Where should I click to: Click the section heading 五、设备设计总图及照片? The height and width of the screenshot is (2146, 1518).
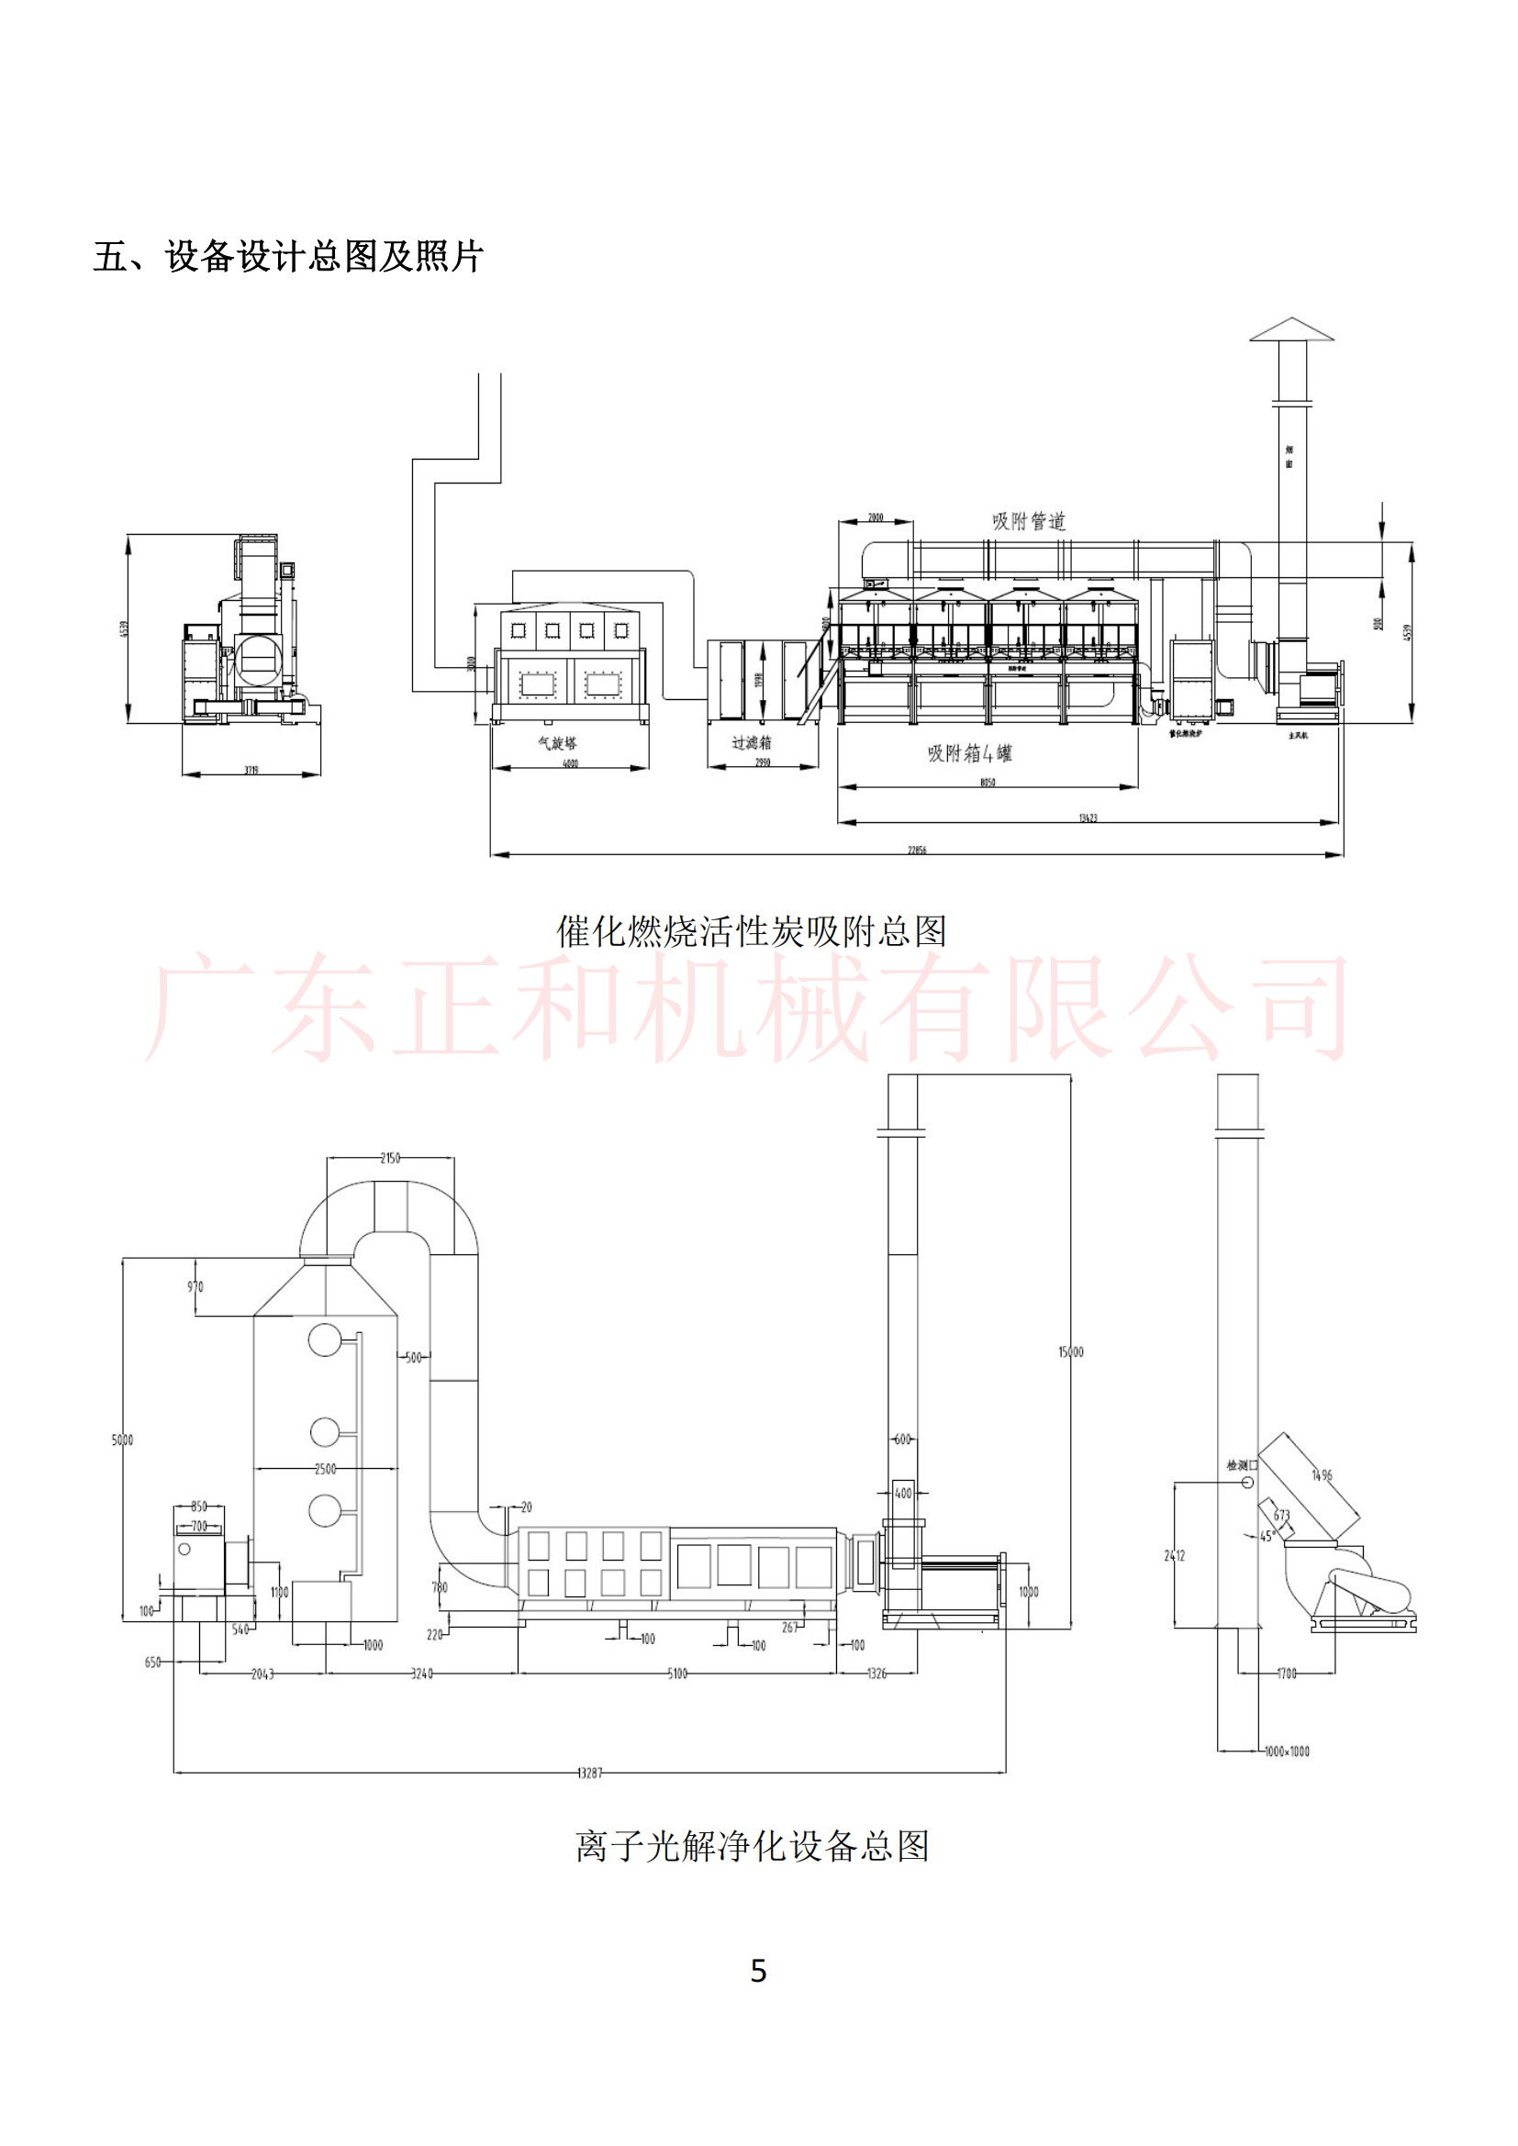click(288, 256)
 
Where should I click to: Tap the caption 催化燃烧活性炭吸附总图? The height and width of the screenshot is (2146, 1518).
click(752, 931)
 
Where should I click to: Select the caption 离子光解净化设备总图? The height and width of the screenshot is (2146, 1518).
click(752, 1846)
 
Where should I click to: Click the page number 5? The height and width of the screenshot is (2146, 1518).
click(758, 1970)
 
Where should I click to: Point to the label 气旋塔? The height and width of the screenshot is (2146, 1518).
click(557, 743)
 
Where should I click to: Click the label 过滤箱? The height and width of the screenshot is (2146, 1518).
click(752, 742)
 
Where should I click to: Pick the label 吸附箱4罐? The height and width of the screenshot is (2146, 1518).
click(969, 753)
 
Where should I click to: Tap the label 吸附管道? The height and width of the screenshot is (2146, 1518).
click(1028, 520)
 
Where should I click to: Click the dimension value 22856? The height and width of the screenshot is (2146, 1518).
click(917, 851)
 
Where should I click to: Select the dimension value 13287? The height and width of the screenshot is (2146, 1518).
click(590, 1773)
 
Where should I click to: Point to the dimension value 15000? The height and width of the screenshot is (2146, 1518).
click(1071, 1351)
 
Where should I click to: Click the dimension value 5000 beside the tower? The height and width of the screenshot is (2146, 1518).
click(122, 1440)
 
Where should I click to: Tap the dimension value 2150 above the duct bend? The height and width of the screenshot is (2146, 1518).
click(390, 1158)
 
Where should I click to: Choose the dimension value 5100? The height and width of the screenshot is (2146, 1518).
click(676, 1673)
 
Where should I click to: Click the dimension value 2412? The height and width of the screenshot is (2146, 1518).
click(1175, 1555)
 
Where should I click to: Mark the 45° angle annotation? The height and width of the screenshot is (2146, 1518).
click(1267, 1536)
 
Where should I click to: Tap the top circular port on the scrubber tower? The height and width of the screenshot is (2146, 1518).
click(324, 1340)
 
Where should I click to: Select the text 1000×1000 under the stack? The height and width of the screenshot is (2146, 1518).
click(1287, 1751)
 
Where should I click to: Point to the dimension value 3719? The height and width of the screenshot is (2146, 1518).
click(251, 770)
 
